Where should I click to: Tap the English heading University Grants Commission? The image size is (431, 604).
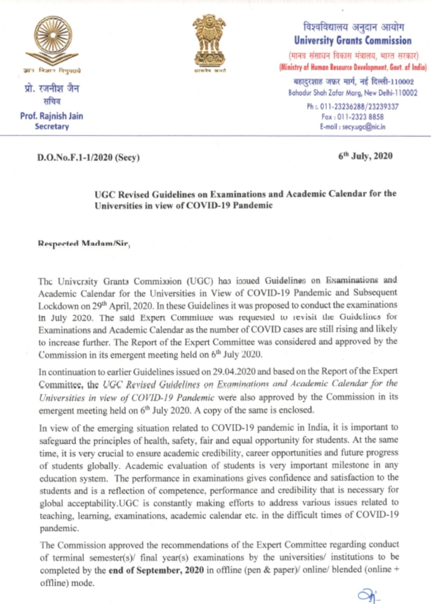(x=352, y=41)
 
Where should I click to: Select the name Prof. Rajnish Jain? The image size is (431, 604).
(x=52, y=116)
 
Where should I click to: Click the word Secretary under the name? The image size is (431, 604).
(x=52, y=126)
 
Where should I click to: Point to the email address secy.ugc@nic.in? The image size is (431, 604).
(x=352, y=127)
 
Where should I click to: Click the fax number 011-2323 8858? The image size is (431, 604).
(x=352, y=117)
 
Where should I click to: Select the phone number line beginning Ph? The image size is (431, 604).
(x=352, y=106)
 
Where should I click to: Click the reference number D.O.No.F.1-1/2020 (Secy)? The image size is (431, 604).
(x=88, y=158)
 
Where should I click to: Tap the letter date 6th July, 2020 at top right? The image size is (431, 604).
(x=365, y=156)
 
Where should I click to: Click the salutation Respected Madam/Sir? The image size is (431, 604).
(x=84, y=244)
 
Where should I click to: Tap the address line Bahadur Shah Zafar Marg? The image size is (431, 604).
(x=352, y=93)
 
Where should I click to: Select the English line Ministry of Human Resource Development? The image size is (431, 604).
(x=352, y=67)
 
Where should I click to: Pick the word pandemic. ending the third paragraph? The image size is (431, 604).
(x=59, y=528)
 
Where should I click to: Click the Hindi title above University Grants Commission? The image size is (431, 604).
(x=353, y=27)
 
